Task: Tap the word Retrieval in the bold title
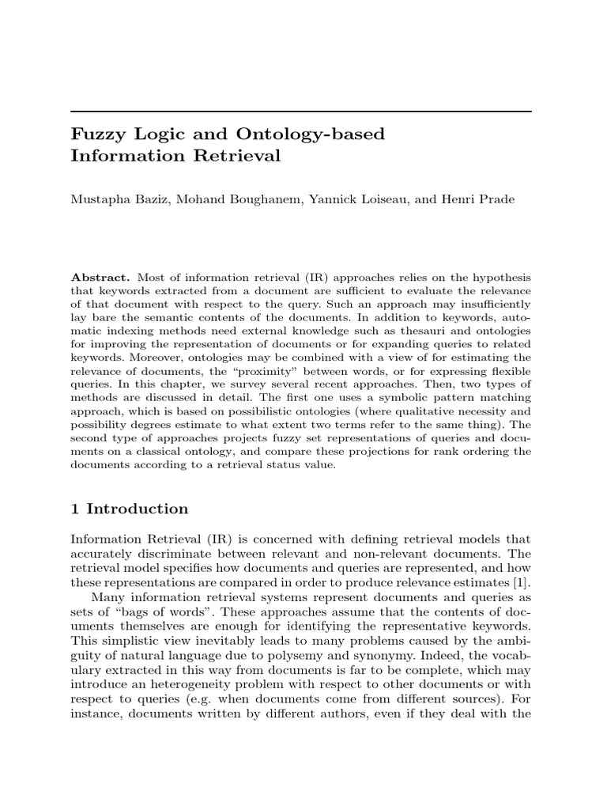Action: pyautogui.click(x=241, y=156)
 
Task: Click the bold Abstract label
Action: pyautogui.click(x=101, y=277)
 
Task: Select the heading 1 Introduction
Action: pyautogui.click(x=130, y=509)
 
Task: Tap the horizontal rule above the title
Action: pyautogui.click(x=300, y=112)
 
